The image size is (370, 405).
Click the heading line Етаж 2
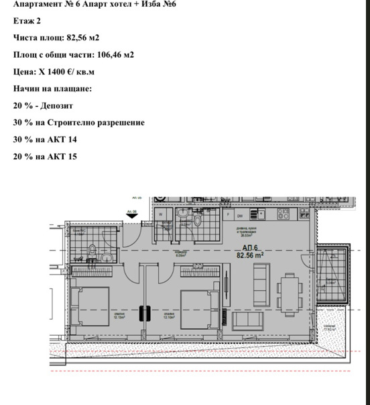[x=27, y=21]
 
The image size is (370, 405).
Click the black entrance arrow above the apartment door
[x=131, y=216]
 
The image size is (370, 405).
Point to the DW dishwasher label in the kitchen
[x=239, y=216]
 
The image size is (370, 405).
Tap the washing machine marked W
[x=162, y=215]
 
